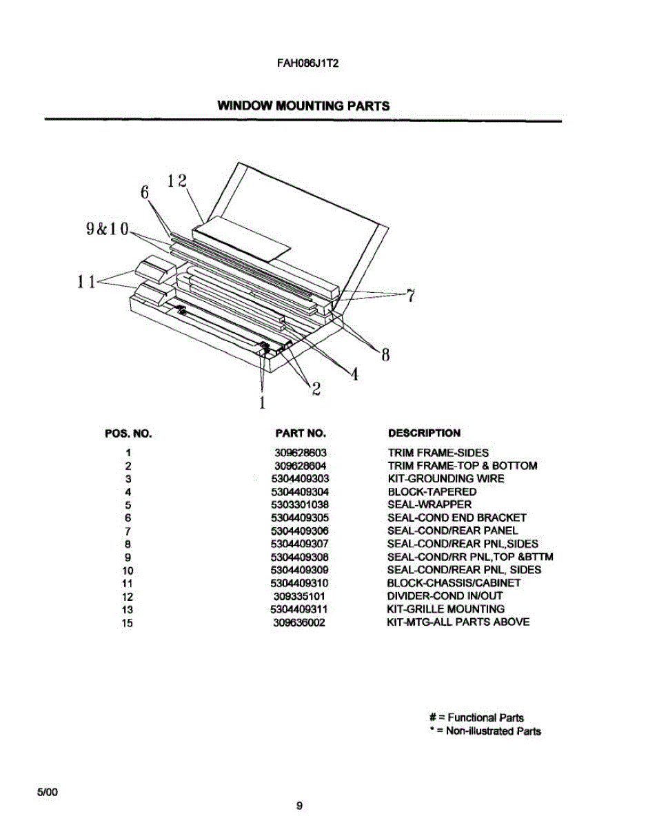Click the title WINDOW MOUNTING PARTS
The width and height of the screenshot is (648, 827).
(303, 106)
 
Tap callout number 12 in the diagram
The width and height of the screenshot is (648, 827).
(177, 181)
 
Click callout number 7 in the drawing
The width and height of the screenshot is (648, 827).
(410, 296)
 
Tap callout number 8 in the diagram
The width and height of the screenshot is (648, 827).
(385, 356)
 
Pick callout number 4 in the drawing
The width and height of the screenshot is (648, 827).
(354, 374)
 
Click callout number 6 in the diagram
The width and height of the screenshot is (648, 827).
(145, 193)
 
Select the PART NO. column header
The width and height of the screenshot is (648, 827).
(300, 433)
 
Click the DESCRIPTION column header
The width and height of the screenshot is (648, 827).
(424, 433)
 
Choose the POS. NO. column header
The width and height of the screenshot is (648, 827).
(128, 433)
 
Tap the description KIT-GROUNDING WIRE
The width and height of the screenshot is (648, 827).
(445, 479)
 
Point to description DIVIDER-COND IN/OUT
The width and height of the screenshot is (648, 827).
(445, 596)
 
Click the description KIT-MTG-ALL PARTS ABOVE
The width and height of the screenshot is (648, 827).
(458, 622)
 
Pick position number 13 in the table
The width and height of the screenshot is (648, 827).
(128, 609)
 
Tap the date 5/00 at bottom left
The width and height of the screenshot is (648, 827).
(48, 793)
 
